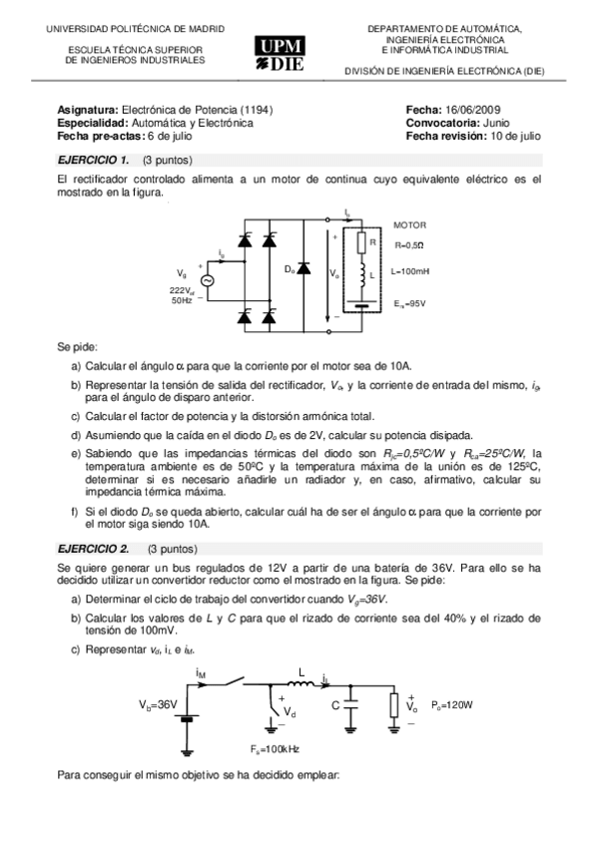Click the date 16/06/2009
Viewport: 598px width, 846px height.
[478, 110]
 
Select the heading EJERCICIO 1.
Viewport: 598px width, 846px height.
[93, 160]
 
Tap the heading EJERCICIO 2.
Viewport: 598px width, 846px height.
[94, 549]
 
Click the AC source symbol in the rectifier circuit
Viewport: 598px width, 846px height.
[209, 280]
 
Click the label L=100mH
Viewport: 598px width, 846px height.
[411, 270]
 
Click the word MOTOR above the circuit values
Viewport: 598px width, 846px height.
[409, 225]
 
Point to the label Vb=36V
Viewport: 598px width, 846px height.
[158, 704]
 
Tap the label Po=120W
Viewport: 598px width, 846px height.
[452, 705]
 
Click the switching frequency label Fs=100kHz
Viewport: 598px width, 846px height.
[276, 748]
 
